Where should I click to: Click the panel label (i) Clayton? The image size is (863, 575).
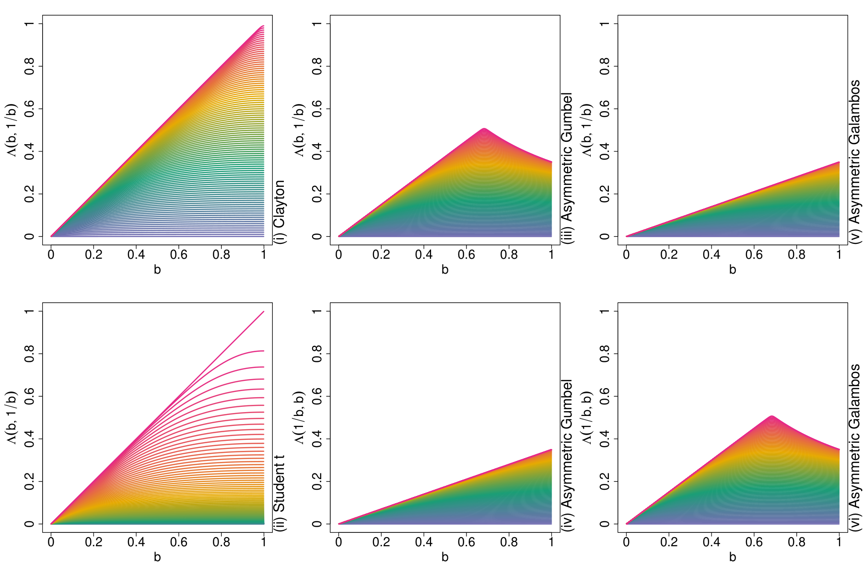coord(279,212)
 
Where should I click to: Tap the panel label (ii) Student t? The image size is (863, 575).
coord(279,494)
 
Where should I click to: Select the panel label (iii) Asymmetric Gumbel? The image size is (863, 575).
coord(567,169)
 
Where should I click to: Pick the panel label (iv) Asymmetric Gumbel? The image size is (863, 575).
coord(567,456)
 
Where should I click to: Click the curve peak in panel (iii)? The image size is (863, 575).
coord(484,128)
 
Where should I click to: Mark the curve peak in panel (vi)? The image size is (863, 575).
coord(771,416)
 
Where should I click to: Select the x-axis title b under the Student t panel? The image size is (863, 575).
coord(157,557)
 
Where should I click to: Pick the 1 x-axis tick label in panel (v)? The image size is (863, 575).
coord(839,254)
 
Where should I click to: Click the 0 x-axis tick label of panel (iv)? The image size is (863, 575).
coord(339,541)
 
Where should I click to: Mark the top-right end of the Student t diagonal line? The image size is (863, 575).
coord(264,311)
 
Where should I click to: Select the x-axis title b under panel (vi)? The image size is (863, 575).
coord(733,557)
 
